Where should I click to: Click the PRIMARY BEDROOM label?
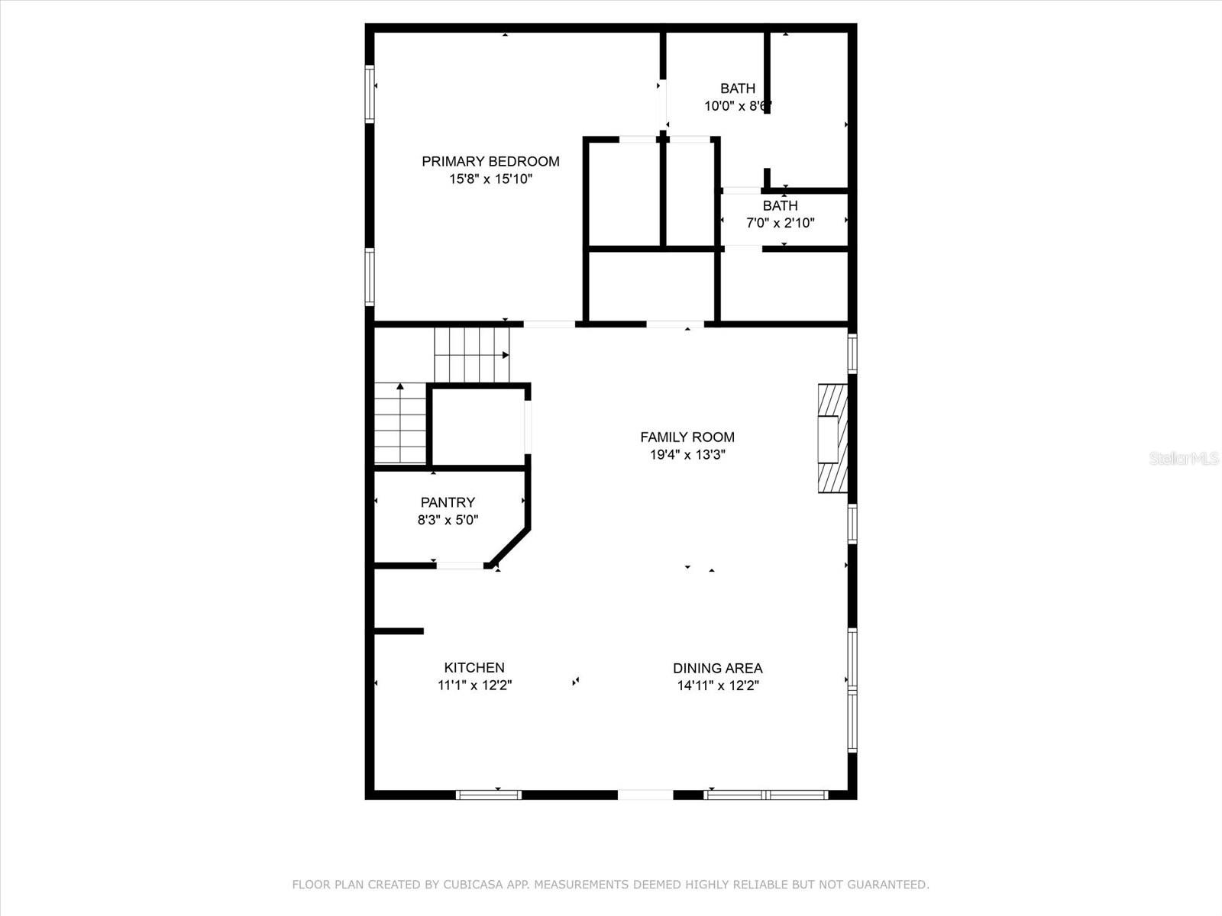[x=490, y=161]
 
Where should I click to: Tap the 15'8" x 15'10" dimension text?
[x=490, y=179]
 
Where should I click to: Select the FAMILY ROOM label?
[x=687, y=437]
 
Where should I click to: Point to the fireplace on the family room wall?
[x=832, y=438]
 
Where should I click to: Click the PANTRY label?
[x=448, y=502]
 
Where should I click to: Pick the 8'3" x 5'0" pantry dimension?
[x=448, y=520]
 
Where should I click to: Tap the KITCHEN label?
[x=474, y=667]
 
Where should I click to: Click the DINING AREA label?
[x=717, y=668]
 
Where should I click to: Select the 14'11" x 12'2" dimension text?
[x=717, y=685]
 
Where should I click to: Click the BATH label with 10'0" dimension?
[x=737, y=89]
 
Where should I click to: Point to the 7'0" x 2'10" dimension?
[x=780, y=224]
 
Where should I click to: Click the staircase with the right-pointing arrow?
[x=472, y=355]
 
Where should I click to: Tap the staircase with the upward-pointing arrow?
[x=400, y=424]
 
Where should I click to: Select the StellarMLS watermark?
[x=1183, y=459]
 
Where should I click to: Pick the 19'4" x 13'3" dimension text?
[x=687, y=455]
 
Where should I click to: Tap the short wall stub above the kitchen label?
[x=399, y=631]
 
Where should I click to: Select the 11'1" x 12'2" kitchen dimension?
[x=474, y=685]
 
